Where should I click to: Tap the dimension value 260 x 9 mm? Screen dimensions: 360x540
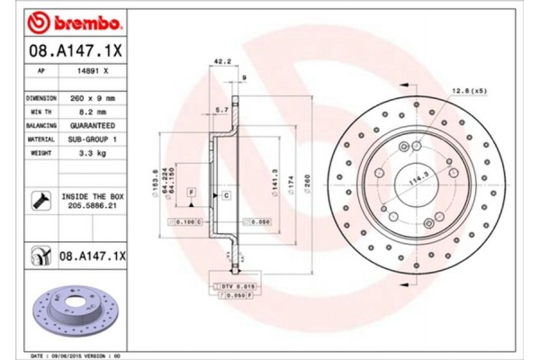point(94,97)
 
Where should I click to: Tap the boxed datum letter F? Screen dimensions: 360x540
point(191,193)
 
